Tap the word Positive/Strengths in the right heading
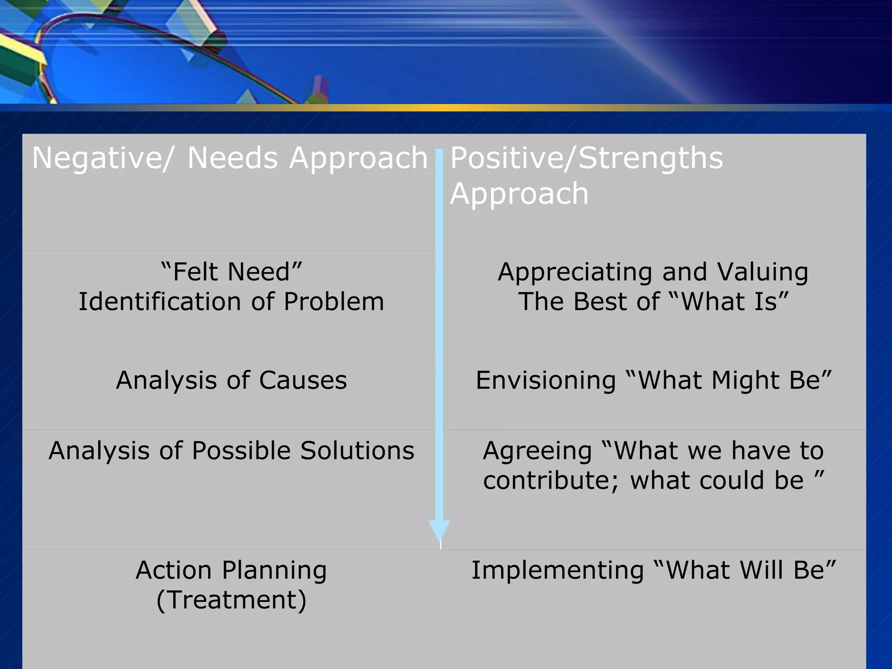pyautogui.click(x=586, y=158)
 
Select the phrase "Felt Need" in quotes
pyautogui.click(x=231, y=272)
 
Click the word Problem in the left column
pyautogui.click(x=334, y=301)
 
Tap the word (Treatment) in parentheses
pyautogui.click(x=231, y=600)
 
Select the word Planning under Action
pyautogui.click(x=274, y=571)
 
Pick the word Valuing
pyautogui.click(x=763, y=272)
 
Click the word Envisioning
pyautogui.click(x=545, y=380)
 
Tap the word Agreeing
pyautogui.click(x=537, y=450)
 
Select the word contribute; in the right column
pyautogui.click(x=551, y=480)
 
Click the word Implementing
pyautogui.click(x=557, y=570)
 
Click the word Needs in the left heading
pyautogui.click(x=232, y=158)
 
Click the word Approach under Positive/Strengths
pyautogui.click(x=519, y=193)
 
